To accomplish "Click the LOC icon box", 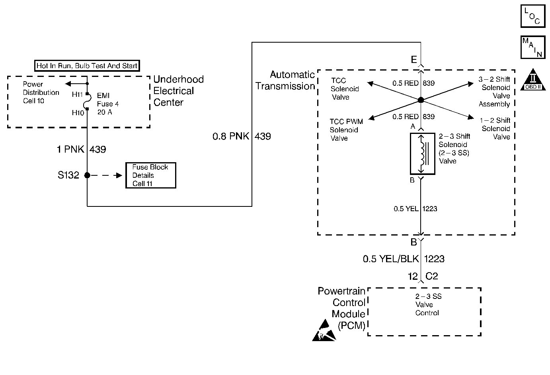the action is click(533, 16).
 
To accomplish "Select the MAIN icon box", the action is click(533, 47).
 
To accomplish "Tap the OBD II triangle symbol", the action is click(533, 80).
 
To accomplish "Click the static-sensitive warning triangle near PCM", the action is click(324, 330).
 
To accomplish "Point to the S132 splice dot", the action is click(87, 175).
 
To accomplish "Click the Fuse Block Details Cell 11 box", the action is click(151, 175).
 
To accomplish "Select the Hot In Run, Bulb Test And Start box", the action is click(87, 66).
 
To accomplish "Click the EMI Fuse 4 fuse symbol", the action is click(88, 101).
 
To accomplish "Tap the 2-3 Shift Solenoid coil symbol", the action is click(422, 154).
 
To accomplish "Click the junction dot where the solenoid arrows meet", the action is click(421, 100).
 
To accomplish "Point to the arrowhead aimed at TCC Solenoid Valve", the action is click(370, 84).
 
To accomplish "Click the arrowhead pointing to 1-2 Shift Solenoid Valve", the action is click(471, 117).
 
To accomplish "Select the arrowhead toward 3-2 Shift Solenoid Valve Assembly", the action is click(470, 84).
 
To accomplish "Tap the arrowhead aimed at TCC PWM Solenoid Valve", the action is click(372, 118).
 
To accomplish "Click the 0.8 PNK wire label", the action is click(231, 136).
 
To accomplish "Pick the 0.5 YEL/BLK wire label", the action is click(391, 259).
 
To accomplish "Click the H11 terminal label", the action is click(77, 94).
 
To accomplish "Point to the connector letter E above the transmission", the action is click(414, 59).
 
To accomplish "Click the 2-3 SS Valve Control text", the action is click(428, 305).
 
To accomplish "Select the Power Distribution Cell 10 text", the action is click(41, 92).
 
